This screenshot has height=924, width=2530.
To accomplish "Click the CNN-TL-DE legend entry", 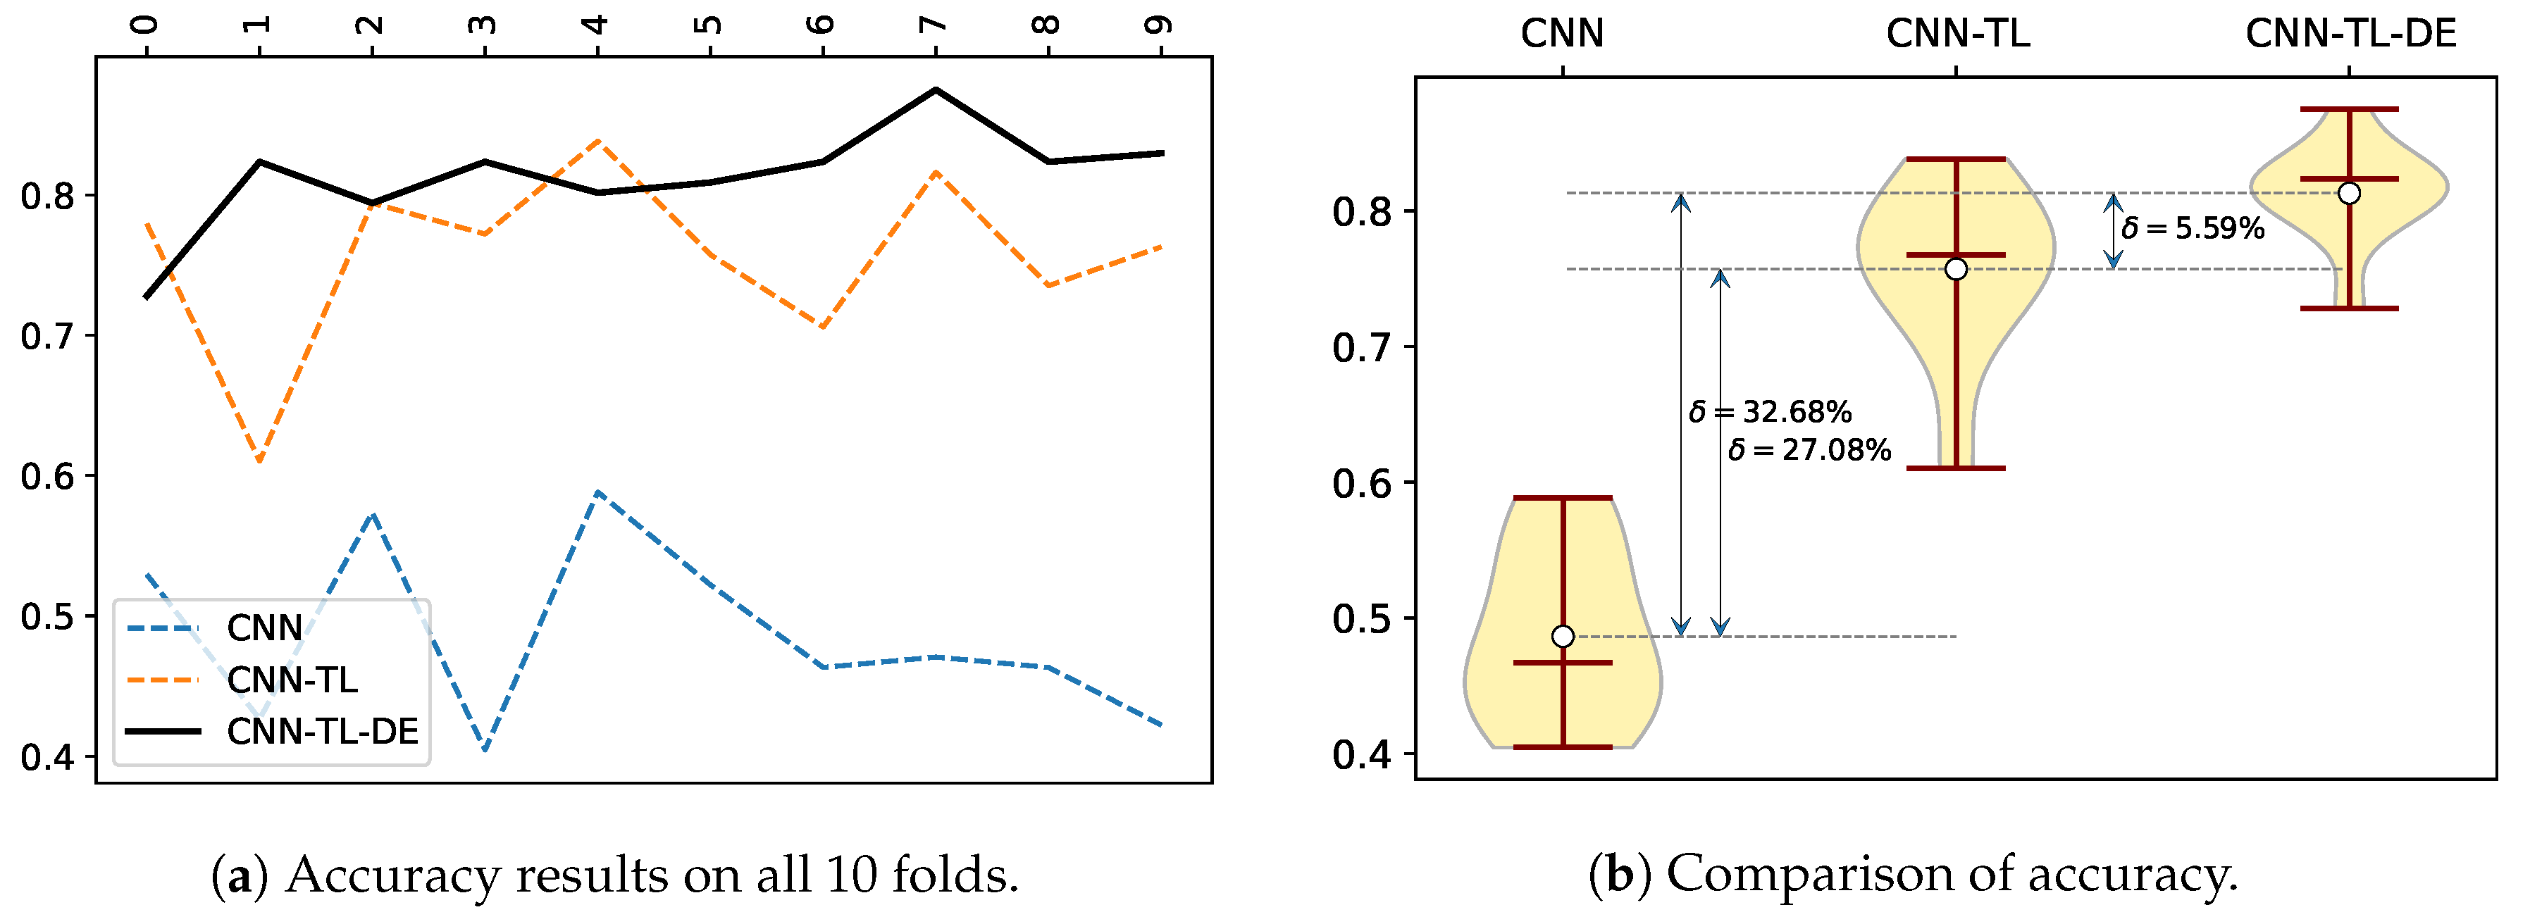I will [321, 732].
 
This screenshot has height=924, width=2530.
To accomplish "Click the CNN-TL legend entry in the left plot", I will [292, 680].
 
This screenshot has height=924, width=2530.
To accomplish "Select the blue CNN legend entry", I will [263, 628].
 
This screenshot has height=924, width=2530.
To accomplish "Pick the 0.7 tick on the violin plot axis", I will [1361, 348].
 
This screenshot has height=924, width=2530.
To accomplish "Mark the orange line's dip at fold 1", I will [259, 461].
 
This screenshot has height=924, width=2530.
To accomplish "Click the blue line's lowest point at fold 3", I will [485, 750].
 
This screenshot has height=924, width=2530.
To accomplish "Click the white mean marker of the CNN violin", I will [1563, 636].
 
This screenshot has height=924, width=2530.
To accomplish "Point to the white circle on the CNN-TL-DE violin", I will [2348, 194].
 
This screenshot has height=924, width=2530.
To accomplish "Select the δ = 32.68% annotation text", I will [1770, 411].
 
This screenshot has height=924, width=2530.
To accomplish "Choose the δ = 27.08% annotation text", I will [1809, 451].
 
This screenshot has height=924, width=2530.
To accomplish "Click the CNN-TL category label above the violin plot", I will [1957, 35].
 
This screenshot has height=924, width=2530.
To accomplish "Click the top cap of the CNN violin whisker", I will [1563, 498].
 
